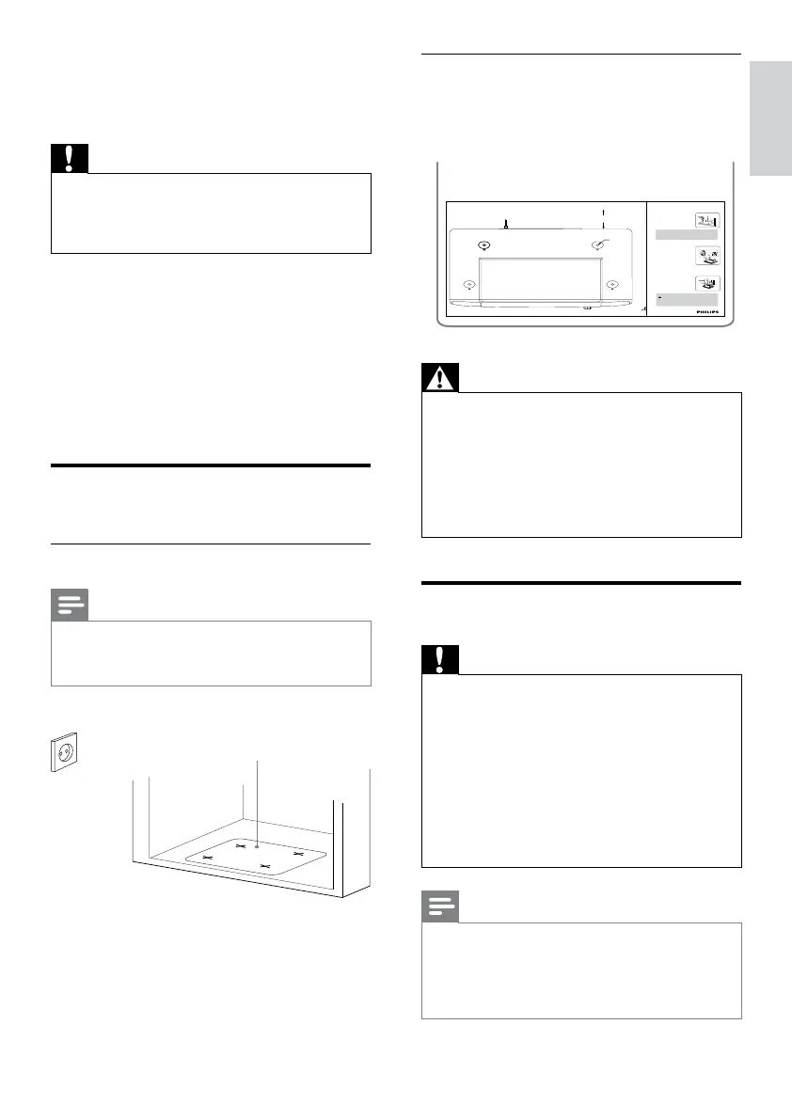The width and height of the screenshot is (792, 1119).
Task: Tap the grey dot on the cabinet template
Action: point(256,845)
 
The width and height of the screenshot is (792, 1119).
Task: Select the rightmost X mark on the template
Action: point(298,853)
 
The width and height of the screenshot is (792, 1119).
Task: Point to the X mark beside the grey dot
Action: point(240,845)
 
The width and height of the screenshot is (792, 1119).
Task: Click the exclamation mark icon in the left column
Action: point(70,157)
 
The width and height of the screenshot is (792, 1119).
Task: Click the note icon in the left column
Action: point(70,605)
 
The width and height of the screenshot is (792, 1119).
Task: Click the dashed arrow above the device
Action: point(603,217)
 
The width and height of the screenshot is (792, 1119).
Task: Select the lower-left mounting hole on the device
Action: point(469,284)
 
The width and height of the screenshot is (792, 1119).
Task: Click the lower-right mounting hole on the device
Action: point(612,284)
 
